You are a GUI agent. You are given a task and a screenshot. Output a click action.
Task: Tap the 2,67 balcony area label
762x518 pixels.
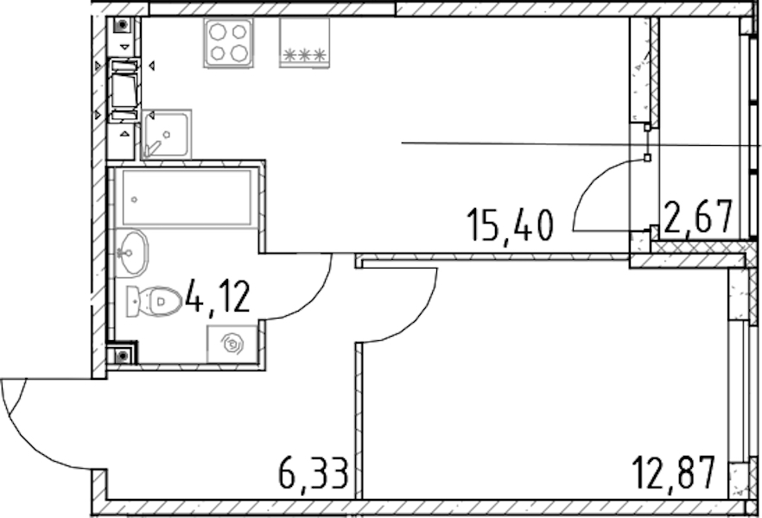click(x=698, y=218)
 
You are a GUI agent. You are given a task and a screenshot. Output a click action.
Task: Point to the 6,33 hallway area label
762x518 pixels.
click(x=314, y=474)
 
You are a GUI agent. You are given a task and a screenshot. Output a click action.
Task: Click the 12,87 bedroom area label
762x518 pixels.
click(x=674, y=473)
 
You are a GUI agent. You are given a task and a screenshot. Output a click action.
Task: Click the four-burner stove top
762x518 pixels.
click(x=228, y=43)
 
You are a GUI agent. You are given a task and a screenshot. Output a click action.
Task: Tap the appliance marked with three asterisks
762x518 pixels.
click(x=305, y=42)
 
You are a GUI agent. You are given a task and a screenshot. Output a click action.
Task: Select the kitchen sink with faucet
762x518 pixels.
click(x=166, y=135)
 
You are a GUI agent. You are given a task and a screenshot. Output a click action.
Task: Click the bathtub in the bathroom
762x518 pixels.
click(x=187, y=197)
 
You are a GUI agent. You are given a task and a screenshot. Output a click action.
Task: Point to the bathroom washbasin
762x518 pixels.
click(x=131, y=253)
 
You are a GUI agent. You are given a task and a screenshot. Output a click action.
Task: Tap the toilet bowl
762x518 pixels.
click(x=154, y=301)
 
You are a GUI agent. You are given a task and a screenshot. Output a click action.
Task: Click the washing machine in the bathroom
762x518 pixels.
click(x=232, y=344)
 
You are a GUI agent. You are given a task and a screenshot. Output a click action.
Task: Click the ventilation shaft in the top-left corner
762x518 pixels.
click(x=122, y=25)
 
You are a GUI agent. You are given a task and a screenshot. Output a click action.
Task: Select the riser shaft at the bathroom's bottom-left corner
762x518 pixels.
click(x=123, y=356)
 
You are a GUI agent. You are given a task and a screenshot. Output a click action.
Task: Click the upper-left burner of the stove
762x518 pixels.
click(x=217, y=32)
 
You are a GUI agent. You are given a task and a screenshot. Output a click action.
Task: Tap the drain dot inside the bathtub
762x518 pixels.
click(x=135, y=199)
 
